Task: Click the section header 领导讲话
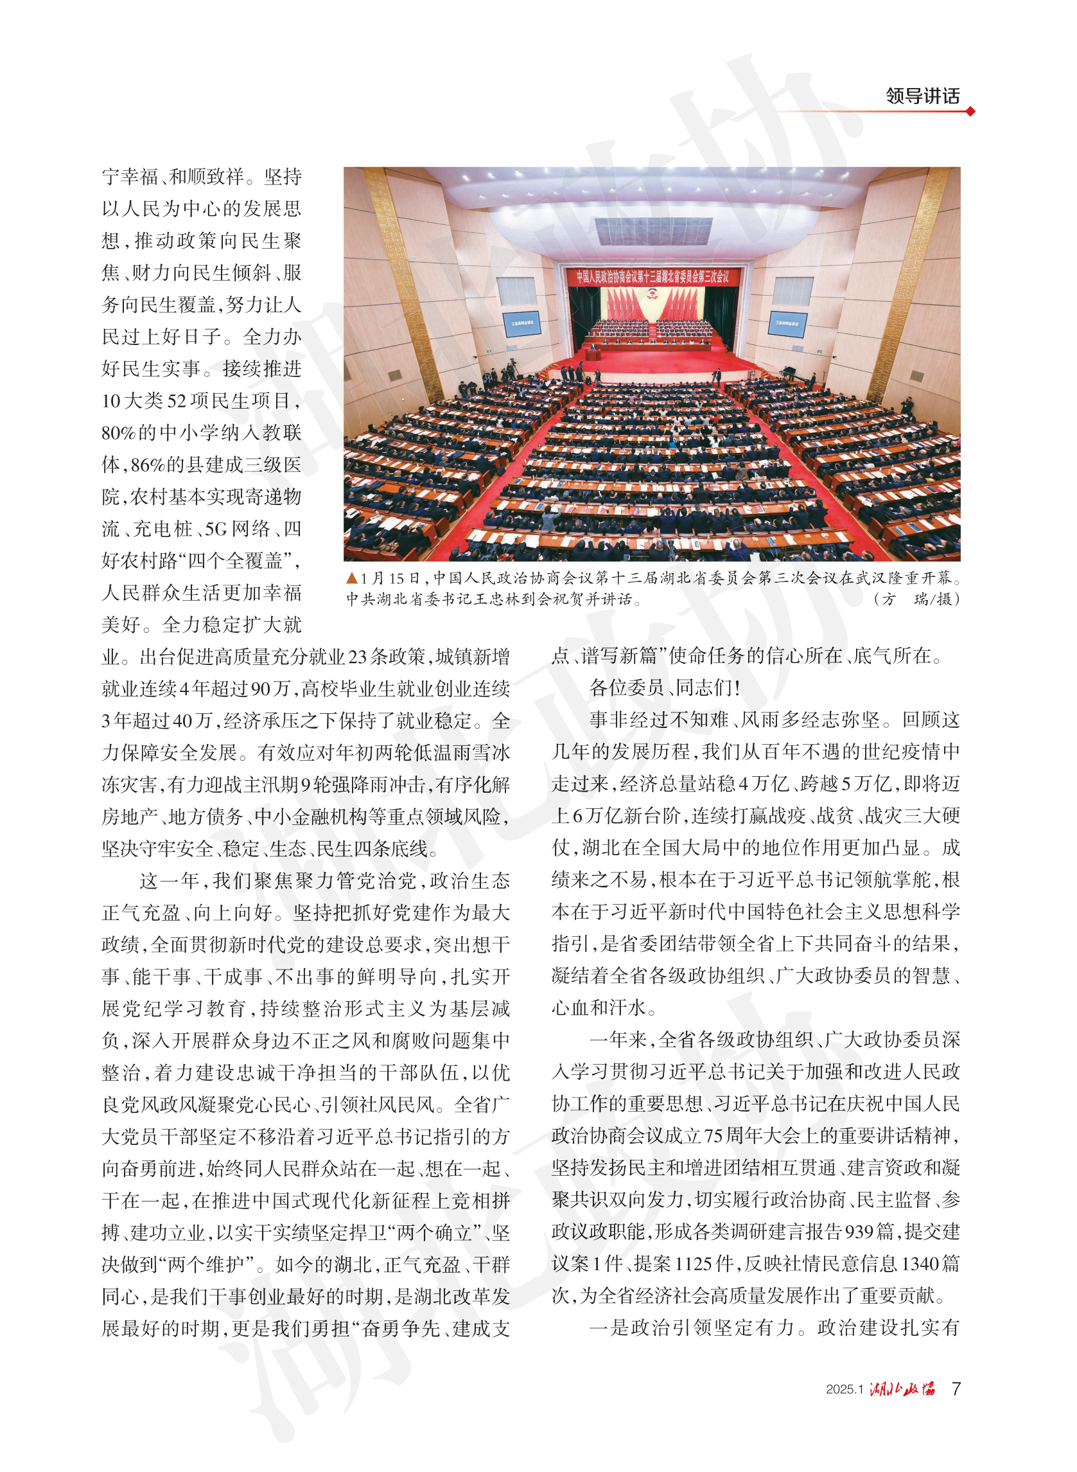pos(922,96)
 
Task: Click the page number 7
pos(956,1388)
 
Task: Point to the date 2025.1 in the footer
pos(845,1390)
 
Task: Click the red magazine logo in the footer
pos(902,1388)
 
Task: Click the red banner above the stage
pos(651,276)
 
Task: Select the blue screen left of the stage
pos(521,323)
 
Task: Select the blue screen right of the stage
pos(787,323)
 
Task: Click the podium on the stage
pos(592,355)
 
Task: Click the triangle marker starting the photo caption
pos(352,578)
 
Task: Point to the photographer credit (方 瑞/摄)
pos(916,599)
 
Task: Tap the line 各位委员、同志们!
pos(664,688)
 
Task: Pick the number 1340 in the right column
pos(921,1264)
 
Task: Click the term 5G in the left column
pos(216,529)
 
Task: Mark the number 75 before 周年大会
pos(714,1136)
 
